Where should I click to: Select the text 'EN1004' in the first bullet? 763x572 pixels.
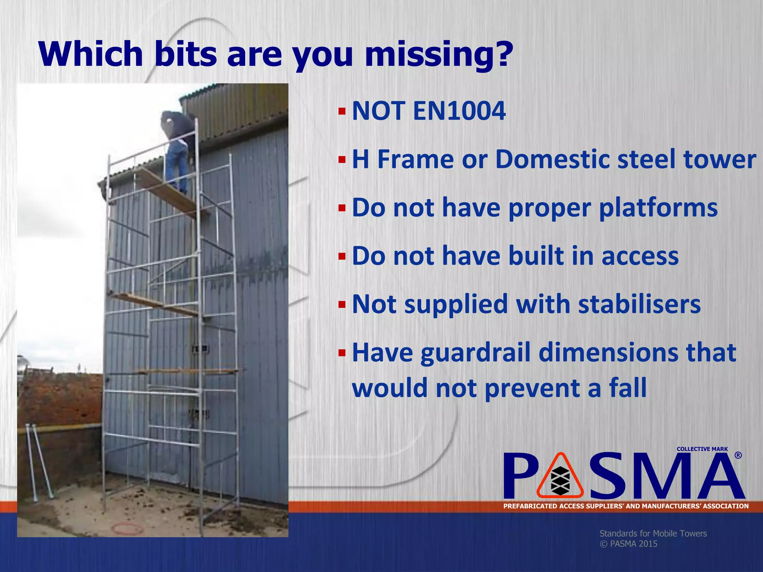459,111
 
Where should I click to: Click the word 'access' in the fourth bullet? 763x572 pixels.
640,256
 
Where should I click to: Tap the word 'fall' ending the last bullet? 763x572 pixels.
628,388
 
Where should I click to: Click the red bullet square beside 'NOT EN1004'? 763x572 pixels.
342,111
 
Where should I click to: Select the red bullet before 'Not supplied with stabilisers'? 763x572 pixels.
342,305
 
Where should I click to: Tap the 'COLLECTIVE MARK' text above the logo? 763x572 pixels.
702,449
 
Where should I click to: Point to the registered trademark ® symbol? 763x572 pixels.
738,455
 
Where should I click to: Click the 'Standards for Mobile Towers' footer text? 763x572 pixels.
653,533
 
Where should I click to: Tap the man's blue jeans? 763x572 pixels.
176,166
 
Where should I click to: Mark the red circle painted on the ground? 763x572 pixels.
128,528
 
